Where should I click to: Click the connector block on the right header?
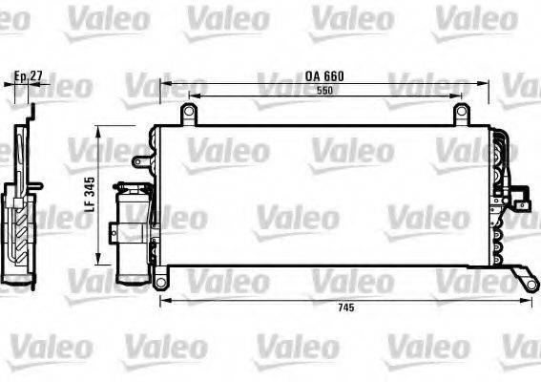pyautogui.click(x=520, y=200)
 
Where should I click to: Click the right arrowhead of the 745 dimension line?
pyautogui.click(x=527, y=300)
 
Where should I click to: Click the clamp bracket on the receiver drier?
pyautogui.click(x=116, y=229)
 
